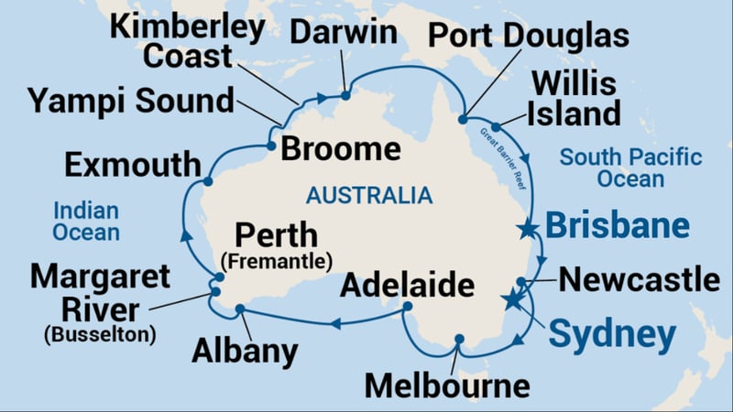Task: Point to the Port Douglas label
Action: (x=530, y=36)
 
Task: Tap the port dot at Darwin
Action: (x=345, y=94)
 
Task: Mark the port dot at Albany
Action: (x=240, y=309)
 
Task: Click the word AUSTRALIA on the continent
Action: (x=369, y=195)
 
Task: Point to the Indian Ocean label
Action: (x=86, y=220)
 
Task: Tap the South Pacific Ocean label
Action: (x=631, y=168)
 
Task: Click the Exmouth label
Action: (x=133, y=166)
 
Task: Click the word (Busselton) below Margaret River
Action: (x=99, y=334)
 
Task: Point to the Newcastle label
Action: (x=640, y=279)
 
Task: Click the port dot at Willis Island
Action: (x=496, y=127)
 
